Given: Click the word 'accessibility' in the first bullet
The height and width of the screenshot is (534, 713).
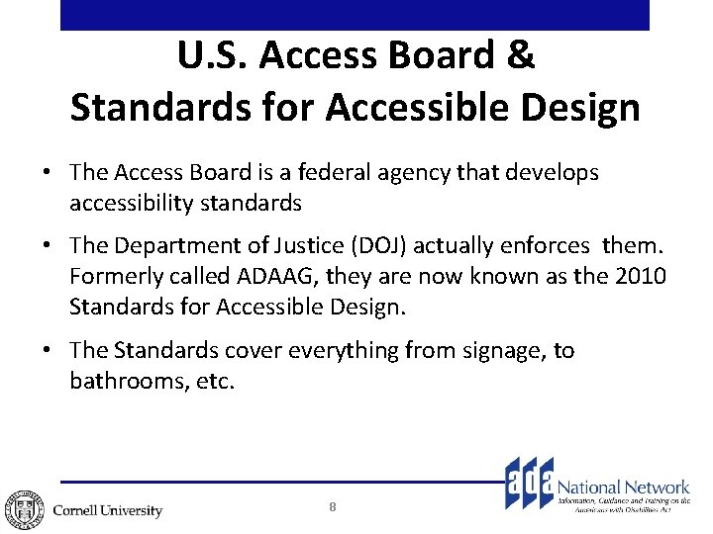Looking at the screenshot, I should point(134,204).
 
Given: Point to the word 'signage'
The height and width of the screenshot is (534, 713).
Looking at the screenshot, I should point(492,350).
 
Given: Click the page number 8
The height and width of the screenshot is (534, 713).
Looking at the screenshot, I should point(333,507).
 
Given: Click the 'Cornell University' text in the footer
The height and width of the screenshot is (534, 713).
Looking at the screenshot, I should point(107,510).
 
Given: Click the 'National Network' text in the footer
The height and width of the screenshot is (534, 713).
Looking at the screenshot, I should point(623,487).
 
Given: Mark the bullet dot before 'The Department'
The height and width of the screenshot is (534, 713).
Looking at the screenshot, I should point(48,245).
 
